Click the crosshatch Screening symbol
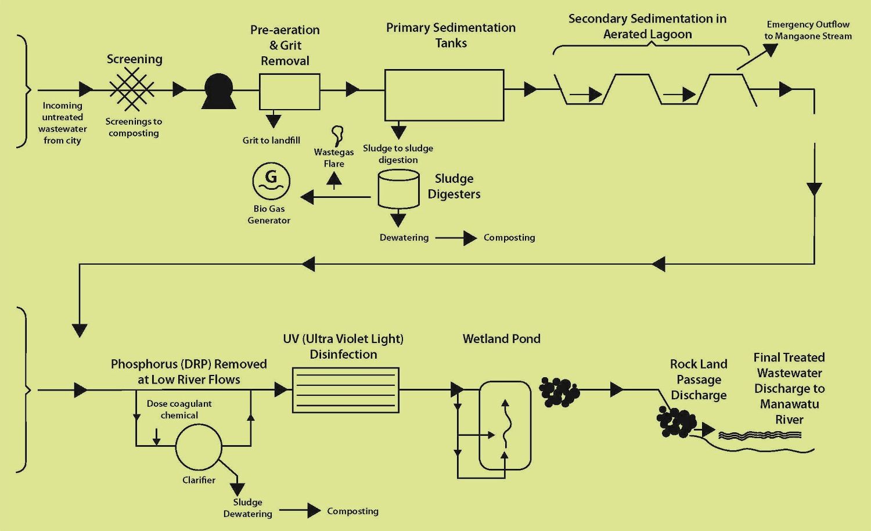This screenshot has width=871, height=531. coord(132,89)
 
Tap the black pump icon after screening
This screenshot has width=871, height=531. coord(219,92)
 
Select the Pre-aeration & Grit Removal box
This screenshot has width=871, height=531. coord(289,92)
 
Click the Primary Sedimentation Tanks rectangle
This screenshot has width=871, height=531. coord(444,95)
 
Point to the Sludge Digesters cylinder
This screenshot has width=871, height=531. coord(398,189)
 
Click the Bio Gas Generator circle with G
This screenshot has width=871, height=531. coord(271,181)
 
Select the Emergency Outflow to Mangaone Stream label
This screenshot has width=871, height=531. coord(808,30)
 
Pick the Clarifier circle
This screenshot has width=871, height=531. coord(199,447)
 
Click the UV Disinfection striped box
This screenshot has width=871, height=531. coord(345,390)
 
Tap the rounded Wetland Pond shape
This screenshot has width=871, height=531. coord(505,425)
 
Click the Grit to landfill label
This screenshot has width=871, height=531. coord(271,140)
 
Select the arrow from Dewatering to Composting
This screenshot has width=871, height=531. coord(456,238)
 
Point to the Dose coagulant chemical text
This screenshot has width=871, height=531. coord(179,409)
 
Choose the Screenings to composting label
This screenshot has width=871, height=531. coord(134,127)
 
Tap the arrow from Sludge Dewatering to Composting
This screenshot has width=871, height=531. coord(300,511)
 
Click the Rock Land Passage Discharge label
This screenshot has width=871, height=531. coord(699,380)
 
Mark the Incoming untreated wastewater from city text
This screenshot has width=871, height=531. coord(62,123)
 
